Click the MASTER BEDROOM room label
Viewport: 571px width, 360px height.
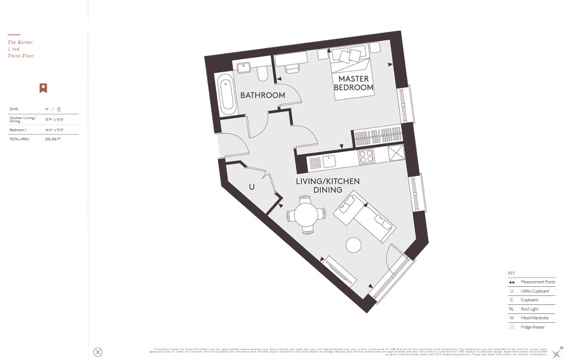(x=353, y=83)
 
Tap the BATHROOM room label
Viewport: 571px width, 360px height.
(x=262, y=95)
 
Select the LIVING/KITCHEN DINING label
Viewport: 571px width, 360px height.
(x=328, y=186)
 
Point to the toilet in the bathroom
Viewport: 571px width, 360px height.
(x=262, y=73)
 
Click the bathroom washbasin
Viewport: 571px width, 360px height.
(x=244, y=68)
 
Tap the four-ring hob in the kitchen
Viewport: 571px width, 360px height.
(x=366, y=156)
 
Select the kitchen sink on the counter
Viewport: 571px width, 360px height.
(x=329, y=161)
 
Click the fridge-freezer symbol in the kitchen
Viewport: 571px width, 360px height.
(x=396, y=153)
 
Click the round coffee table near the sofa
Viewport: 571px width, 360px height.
(x=353, y=245)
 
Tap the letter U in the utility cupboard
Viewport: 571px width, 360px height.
(x=252, y=187)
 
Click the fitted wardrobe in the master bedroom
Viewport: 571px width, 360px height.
(x=377, y=137)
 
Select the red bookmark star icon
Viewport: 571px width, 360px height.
(x=43, y=88)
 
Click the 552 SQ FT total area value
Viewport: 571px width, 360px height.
(x=53, y=139)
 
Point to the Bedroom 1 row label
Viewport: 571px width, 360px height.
(x=18, y=130)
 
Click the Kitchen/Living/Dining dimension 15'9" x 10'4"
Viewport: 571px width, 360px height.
(x=54, y=120)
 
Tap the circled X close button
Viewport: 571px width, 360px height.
(x=98, y=352)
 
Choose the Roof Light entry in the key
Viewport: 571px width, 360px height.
(x=529, y=309)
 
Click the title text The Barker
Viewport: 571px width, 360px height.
(x=20, y=42)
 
